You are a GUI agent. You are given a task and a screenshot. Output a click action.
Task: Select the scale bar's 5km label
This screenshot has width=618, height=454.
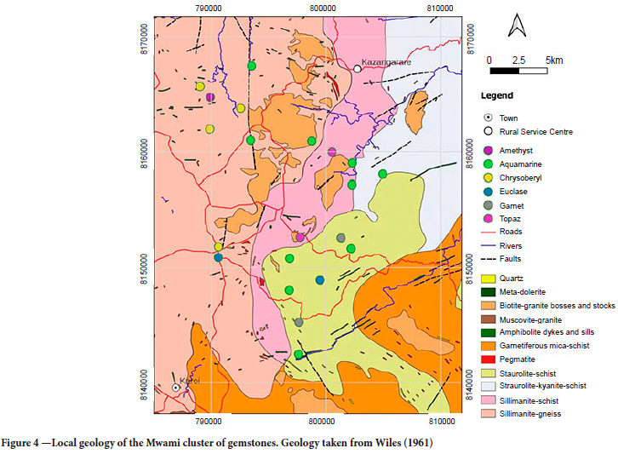tap(554, 60)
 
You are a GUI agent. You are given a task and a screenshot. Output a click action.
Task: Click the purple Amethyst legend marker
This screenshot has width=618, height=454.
tap(488, 150)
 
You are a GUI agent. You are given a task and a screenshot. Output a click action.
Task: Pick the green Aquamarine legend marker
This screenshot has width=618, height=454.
tap(488, 164)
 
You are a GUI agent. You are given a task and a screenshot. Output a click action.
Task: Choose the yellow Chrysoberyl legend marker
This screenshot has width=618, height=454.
tap(488, 177)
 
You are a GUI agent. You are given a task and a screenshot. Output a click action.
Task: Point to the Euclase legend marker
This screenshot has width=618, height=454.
tap(488, 192)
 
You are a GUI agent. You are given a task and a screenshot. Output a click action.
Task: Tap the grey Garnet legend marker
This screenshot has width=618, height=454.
tap(488, 205)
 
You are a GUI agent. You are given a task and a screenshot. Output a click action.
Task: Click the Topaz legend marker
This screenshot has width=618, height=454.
tap(488, 219)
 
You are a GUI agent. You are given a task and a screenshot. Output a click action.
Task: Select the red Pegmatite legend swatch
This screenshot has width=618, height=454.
tap(489, 359)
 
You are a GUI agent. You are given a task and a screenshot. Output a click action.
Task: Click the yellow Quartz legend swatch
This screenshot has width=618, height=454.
tap(489, 279)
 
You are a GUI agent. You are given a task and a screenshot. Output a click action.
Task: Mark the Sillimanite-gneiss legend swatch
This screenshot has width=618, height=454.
tap(489, 414)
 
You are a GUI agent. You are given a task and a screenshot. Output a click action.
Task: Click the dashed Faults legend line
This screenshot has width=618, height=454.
tap(489, 259)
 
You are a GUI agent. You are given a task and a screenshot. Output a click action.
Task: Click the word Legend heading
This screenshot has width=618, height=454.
tap(496, 95)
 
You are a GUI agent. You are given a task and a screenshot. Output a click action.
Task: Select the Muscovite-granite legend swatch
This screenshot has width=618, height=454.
tap(489, 319)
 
